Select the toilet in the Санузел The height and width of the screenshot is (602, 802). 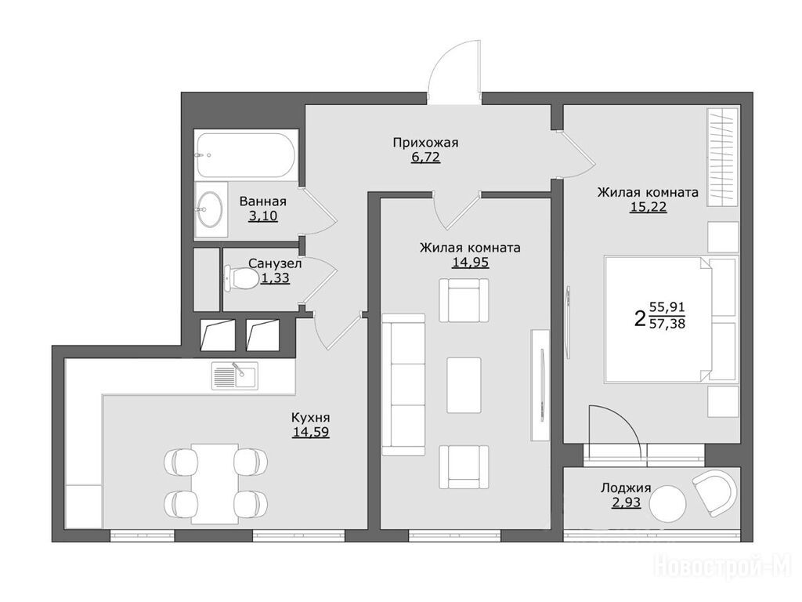[x=241, y=279]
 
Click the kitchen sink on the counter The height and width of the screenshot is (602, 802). [x=235, y=375]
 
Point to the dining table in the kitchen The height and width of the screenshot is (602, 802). [x=215, y=483]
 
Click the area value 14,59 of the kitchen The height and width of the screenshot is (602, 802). [x=310, y=432]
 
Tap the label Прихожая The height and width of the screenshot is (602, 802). [x=425, y=143]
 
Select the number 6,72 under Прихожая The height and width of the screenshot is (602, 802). [x=425, y=157]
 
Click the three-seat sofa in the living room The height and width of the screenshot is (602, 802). [x=403, y=384]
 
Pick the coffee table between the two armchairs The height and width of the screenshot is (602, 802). [x=464, y=385]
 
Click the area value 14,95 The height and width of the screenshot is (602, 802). [x=470, y=263]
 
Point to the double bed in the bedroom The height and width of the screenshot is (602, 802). [x=671, y=320]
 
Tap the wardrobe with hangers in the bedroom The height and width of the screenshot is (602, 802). [x=723, y=157]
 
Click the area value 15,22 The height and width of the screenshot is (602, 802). [x=648, y=207]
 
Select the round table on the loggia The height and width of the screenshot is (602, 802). [x=667, y=504]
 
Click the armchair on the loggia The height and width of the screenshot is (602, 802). [x=714, y=492]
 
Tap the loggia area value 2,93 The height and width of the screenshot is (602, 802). [x=626, y=502]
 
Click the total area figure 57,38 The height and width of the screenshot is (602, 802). [x=667, y=324]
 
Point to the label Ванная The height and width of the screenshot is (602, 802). [x=263, y=201]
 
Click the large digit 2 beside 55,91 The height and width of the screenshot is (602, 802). [x=639, y=318]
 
